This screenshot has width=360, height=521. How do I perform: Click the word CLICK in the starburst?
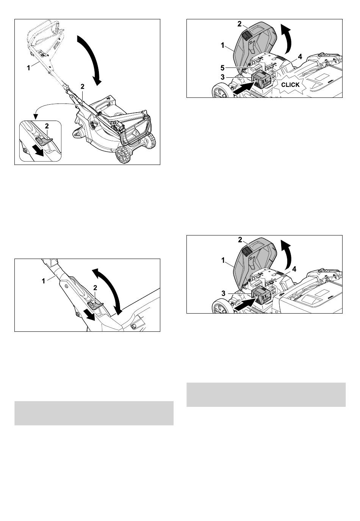[290, 85]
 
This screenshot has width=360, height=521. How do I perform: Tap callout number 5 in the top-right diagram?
[222, 68]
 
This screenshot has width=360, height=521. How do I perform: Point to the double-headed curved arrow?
[108, 291]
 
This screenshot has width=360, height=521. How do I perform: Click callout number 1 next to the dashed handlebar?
[28, 68]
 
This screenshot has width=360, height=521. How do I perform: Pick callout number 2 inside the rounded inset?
[47, 126]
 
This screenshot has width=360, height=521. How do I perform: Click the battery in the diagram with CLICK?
[261, 79]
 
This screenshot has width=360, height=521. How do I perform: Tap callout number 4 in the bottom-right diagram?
[294, 269]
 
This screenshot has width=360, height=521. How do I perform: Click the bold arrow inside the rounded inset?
[38, 151]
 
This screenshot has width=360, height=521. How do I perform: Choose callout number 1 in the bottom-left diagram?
[44, 281]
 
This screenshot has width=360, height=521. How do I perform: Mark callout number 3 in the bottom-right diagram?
[223, 293]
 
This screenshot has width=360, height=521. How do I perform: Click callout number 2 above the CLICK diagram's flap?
[239, 24]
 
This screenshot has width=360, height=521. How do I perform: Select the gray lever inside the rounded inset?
[44, 141]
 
